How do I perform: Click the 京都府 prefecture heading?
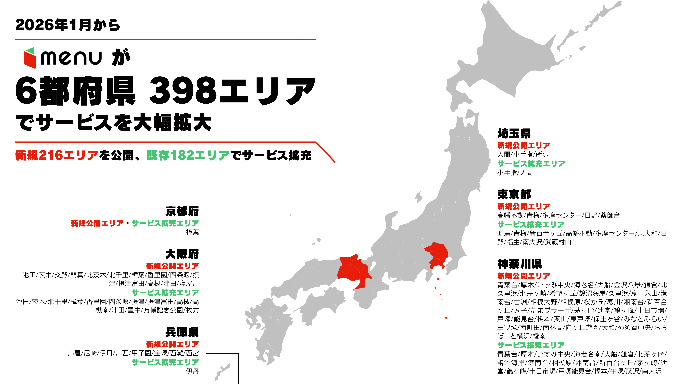pos(182,211)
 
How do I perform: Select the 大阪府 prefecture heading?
pos(182,254)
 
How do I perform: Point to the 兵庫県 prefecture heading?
pos(182,332)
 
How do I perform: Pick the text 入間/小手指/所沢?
pos(523,154)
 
